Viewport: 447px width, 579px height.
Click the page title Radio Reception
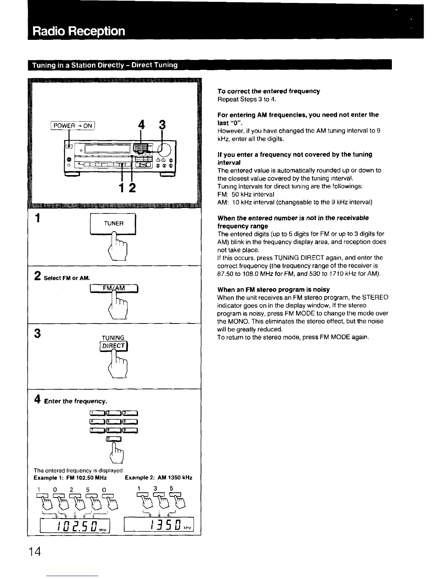(79, 31)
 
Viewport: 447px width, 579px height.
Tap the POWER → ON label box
(72, 126)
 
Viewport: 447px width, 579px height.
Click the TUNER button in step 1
(113, 223)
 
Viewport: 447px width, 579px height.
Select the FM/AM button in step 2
(114, 289)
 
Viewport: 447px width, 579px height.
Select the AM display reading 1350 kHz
(159, 526)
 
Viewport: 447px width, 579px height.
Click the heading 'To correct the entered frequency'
(268, 91)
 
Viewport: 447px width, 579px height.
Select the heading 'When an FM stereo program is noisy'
(273, 289)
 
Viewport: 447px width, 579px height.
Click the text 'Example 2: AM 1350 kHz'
(158, 478)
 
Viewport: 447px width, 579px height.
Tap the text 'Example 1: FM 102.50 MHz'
(70, 478)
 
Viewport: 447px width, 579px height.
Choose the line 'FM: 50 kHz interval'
(245, 194)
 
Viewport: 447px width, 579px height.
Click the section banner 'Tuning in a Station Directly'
(105, 65)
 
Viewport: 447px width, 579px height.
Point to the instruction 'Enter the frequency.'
(76, 401)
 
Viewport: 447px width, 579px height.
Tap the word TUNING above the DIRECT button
(113, 338)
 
